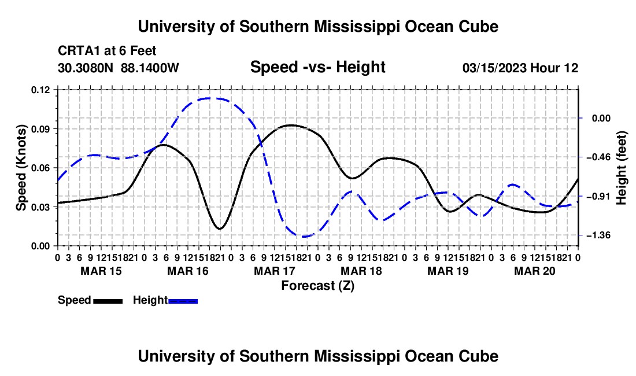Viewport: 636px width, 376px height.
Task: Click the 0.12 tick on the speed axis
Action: [40, 90]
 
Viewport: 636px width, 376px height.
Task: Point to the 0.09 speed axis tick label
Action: [40, 129]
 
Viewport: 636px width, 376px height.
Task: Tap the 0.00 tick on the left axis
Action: [40, 246]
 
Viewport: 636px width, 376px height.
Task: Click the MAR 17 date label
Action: [275, 271]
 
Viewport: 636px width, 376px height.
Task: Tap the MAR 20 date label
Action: [535, 271]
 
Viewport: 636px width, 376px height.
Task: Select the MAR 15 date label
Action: [101, 271]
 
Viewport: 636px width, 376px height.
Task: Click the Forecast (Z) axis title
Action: [318, 286]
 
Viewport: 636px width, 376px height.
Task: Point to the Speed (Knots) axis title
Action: [21, 168]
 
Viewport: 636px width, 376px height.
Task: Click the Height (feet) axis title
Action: [621, 168]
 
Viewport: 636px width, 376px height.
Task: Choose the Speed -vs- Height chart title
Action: [318, 67]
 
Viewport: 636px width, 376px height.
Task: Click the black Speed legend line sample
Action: [108, 301]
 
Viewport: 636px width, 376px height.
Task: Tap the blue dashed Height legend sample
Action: [183, 301]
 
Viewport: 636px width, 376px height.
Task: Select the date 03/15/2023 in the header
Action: [494, 68]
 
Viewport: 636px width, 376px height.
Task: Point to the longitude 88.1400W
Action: [150, 68]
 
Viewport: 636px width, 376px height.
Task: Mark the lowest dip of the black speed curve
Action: [220, 228]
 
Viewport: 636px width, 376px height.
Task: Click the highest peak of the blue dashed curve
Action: [209, 98]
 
